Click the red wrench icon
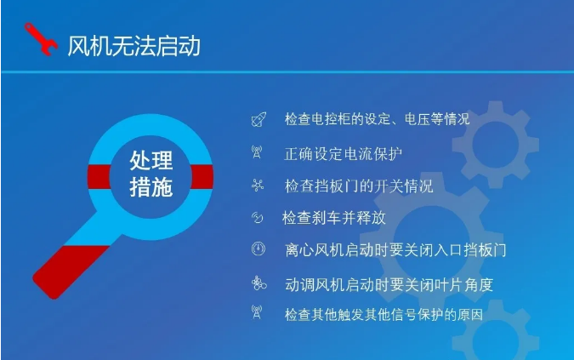[40, 39]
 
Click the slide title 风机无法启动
[134, 46]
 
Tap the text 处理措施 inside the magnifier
[151, 174]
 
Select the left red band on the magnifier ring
[99, 177]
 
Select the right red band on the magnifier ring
[202, 177]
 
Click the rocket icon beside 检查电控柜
[259, 119]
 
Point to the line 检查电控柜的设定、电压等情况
[377, 119]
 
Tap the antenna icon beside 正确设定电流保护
[257, 152]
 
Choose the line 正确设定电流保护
[343, 154]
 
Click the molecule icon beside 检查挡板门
[258, 186]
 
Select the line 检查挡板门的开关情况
[359, 186]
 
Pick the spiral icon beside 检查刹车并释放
[257, 218]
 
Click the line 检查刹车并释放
[334, 218]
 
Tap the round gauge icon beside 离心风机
[258, 249]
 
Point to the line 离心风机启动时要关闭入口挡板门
[395, 250]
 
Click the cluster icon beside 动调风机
[259, 283]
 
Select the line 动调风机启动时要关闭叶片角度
[389, 284]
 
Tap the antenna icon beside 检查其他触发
[257, 312]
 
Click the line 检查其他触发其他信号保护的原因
[384, 315]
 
